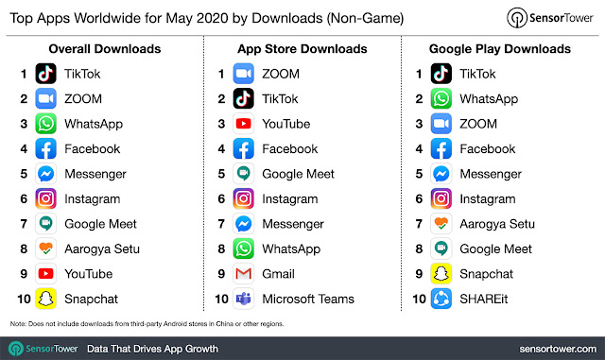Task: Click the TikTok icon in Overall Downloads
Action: click(46, 74)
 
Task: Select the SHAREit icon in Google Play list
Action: click(440, 299)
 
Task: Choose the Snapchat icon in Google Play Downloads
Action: click(440, 274)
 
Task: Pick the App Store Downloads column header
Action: click(303, 48)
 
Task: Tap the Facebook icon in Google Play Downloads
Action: click(440, 148)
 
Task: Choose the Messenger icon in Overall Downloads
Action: click(46, 174)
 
